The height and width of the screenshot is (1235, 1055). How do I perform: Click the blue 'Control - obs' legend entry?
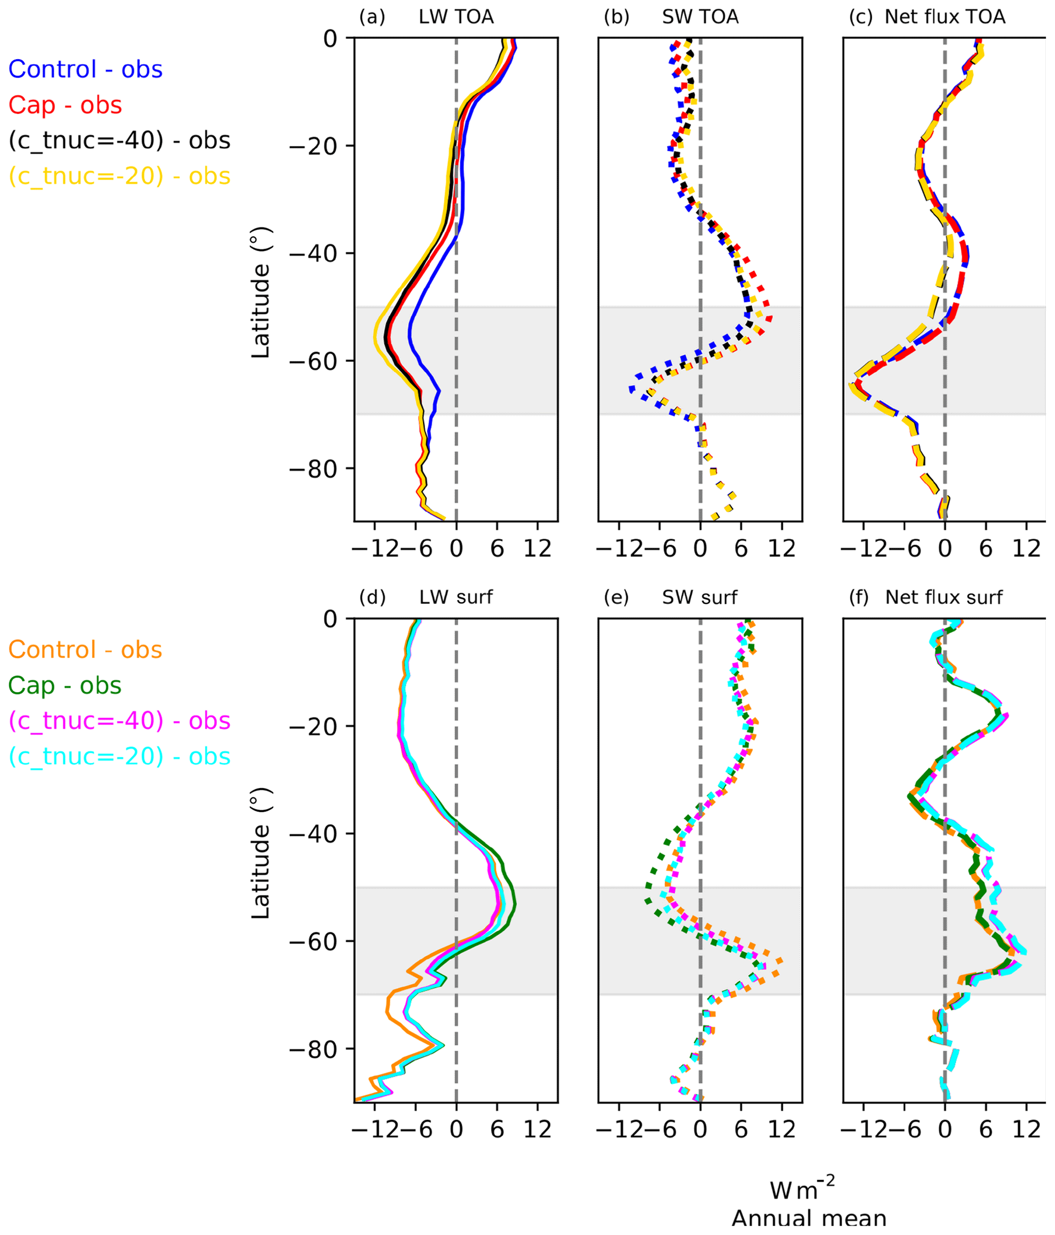pyautogui.click(x=85, y=70)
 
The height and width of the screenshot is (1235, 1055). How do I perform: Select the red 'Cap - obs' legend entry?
pyautogui.click(x=65, y=106)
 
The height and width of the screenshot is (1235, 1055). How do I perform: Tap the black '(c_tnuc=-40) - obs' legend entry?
pyautogui.click(x=119, y=141)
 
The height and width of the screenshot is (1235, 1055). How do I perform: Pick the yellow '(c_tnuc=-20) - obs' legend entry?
pyautogui.click(x=119, y=177)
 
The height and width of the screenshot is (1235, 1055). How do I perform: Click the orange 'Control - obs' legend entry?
pyautogui.click(x=85, y=650)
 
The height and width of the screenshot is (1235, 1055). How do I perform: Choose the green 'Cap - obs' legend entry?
pyautogui.click(x=65, y=686)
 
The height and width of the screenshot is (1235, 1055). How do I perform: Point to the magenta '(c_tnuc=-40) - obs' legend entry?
pyautogui.click(x=119, y=721)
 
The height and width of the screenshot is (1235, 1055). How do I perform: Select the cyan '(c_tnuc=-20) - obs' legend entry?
pyautogui.click(x=119, y=757)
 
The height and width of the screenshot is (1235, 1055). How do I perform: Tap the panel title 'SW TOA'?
pyautogui.click(x=700, y=17)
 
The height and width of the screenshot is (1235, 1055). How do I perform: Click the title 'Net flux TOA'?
pyautogui.click(x=945, y=17)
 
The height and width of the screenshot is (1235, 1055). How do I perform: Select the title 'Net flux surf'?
pyautogui.click(x=944, y=597)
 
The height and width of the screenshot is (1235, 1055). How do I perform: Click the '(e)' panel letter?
pyautogui.click(x=617, y=597)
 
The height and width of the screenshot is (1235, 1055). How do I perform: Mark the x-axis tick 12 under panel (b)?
pyautogui.click(x=781, y=548)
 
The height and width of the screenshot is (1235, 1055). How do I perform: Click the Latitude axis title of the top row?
pyautogui.click(x=261, y=292)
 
